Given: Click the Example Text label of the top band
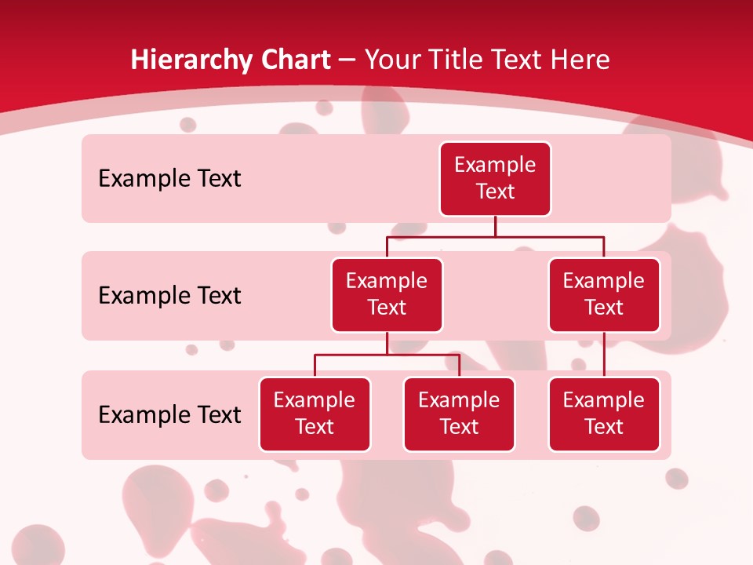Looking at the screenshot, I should pyautogui.click(x=169, y=179).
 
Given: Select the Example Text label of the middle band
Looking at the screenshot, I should pyautogui.click(x=169, y=296).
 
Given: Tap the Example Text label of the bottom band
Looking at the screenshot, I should pyautogui.click(x=169, y=415).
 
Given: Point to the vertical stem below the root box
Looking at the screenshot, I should pyautogui.click(x=495, y=226).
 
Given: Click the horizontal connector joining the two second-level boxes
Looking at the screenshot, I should pyautogui.click(x=495, y=236).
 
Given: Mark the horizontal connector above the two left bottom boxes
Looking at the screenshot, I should pyautogui.click(x=387, y=355).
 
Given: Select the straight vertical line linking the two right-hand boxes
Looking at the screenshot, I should pyautogui.click(x=604, y=355).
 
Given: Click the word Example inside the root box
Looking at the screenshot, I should pyautogui.click(x=495, y=165).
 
